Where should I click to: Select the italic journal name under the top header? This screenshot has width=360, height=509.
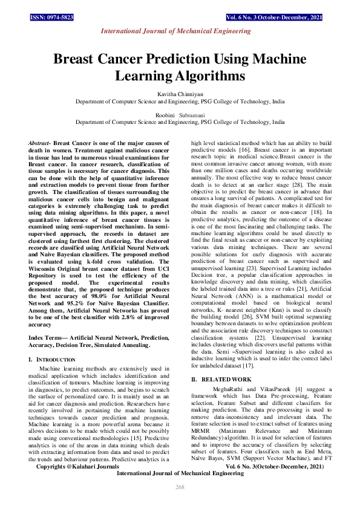tap(180, 30)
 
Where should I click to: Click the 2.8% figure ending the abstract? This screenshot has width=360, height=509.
tap(128, 322)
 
